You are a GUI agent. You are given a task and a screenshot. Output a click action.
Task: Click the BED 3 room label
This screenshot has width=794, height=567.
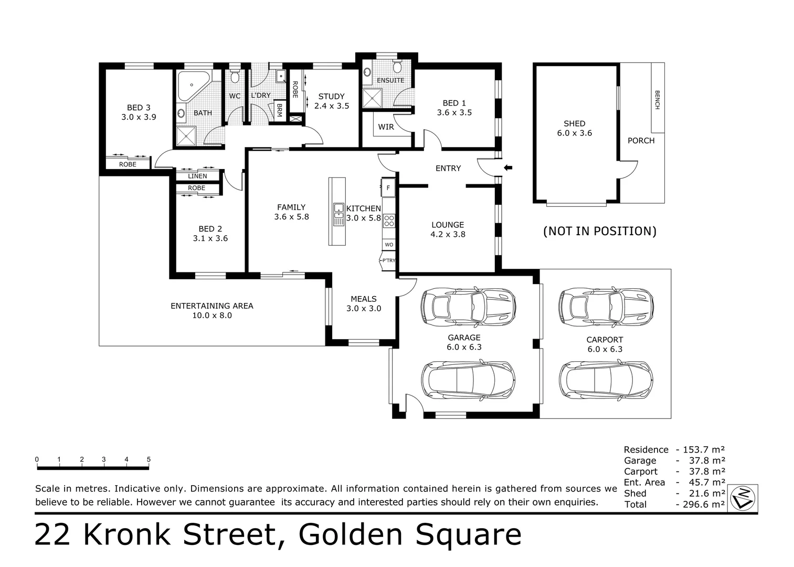tap(139, 108)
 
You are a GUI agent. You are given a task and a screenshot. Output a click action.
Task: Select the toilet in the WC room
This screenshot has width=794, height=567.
tap(235, 78)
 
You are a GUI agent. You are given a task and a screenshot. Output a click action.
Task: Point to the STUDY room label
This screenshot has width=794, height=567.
tap(331, 97)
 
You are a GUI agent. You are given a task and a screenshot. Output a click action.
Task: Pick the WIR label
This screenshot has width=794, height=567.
tap(386, 127)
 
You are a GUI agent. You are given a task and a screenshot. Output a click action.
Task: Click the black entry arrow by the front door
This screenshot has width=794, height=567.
tap(508, 168)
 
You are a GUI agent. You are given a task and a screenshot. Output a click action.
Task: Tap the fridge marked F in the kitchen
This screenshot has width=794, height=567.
tap(388, 187)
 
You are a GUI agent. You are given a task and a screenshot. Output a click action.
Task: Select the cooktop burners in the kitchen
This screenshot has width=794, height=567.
tap(389, 220)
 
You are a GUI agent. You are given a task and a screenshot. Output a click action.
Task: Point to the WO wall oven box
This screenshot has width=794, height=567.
tap(389, 245)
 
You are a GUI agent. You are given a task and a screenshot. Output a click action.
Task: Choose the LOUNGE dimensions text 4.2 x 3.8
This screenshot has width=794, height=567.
tap(448, 234)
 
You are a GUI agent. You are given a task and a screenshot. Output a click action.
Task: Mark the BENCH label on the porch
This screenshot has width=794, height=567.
tap(658, 99)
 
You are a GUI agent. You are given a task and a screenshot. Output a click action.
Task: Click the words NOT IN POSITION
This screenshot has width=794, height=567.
tap(599, 231)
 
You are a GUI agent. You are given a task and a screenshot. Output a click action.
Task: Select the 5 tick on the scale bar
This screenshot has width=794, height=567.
tap(149, 460)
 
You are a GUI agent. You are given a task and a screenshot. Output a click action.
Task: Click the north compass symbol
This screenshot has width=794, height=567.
tap(744, 497)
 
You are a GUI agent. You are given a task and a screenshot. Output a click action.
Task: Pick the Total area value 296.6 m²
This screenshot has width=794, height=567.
tap(703, 505)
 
